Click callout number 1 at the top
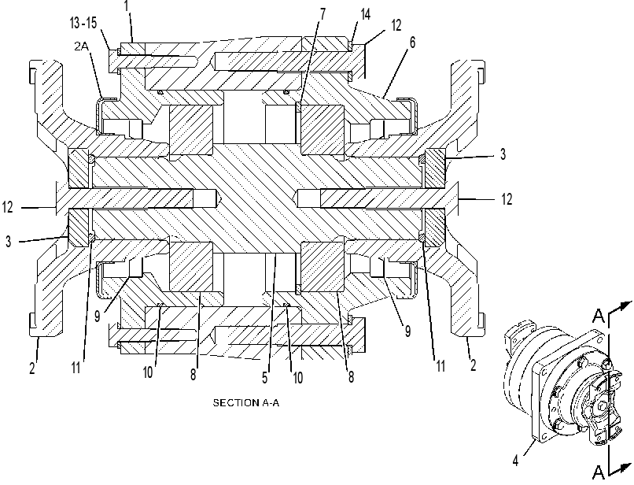pyautogui.click(x=127, y=6)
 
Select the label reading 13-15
pyautogui.click(x=83, y=23)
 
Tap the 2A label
pyautogui.click(x=81, y=46)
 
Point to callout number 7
pyautogui.click(x=323, y=14)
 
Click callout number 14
pyautogui.click(x=365, y=15)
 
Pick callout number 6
pyautogui.click(x=412, y=42)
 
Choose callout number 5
pyautogui.click(x=265, y=378)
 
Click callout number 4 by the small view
pyautogui.click(x=515, y=461)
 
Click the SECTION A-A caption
pyautogui.click(x=246, y=403)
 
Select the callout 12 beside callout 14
pyautogui.click(x=396, y=25)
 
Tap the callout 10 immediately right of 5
pyautogui.click(x=297, y=378)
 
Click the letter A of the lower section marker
pyautogui.click(x=599, y=472)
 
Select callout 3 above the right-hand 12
pyautogui.click(x=503, y=154)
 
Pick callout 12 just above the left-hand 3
pyautogui.click(x=8, y=207)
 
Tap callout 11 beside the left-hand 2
pyautogui.click(x=76, y=368)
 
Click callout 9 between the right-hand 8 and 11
pyautogui.click(x=408, y=331)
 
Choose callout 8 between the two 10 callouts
pyautogui.click(x=194, y=375)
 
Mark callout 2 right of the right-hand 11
pyautogui.click(x=473, y=365)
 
